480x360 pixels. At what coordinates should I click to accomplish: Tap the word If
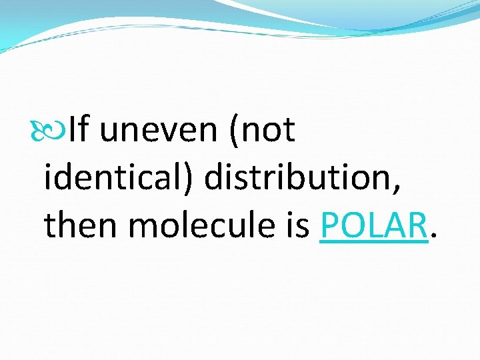click(x=78, y=129)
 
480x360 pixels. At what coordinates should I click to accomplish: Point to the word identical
click(x=113, y=177)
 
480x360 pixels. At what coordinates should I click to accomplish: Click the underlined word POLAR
click(x=373, y=226)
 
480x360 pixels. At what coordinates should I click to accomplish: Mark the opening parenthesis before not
click(x=233, y=131)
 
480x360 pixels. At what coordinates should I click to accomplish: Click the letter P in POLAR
click(x=329, y=226)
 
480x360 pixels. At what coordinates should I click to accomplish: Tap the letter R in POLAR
click(x=416, y=226)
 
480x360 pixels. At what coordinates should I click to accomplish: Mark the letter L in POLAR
click(x=376, y=226)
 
